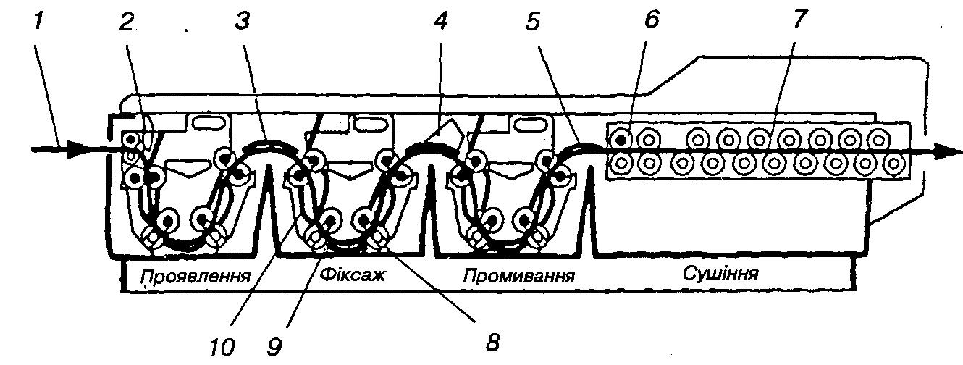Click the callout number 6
pos(650,20)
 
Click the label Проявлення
pos(195,276)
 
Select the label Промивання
pos(519,276)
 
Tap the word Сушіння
pos(720,274)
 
